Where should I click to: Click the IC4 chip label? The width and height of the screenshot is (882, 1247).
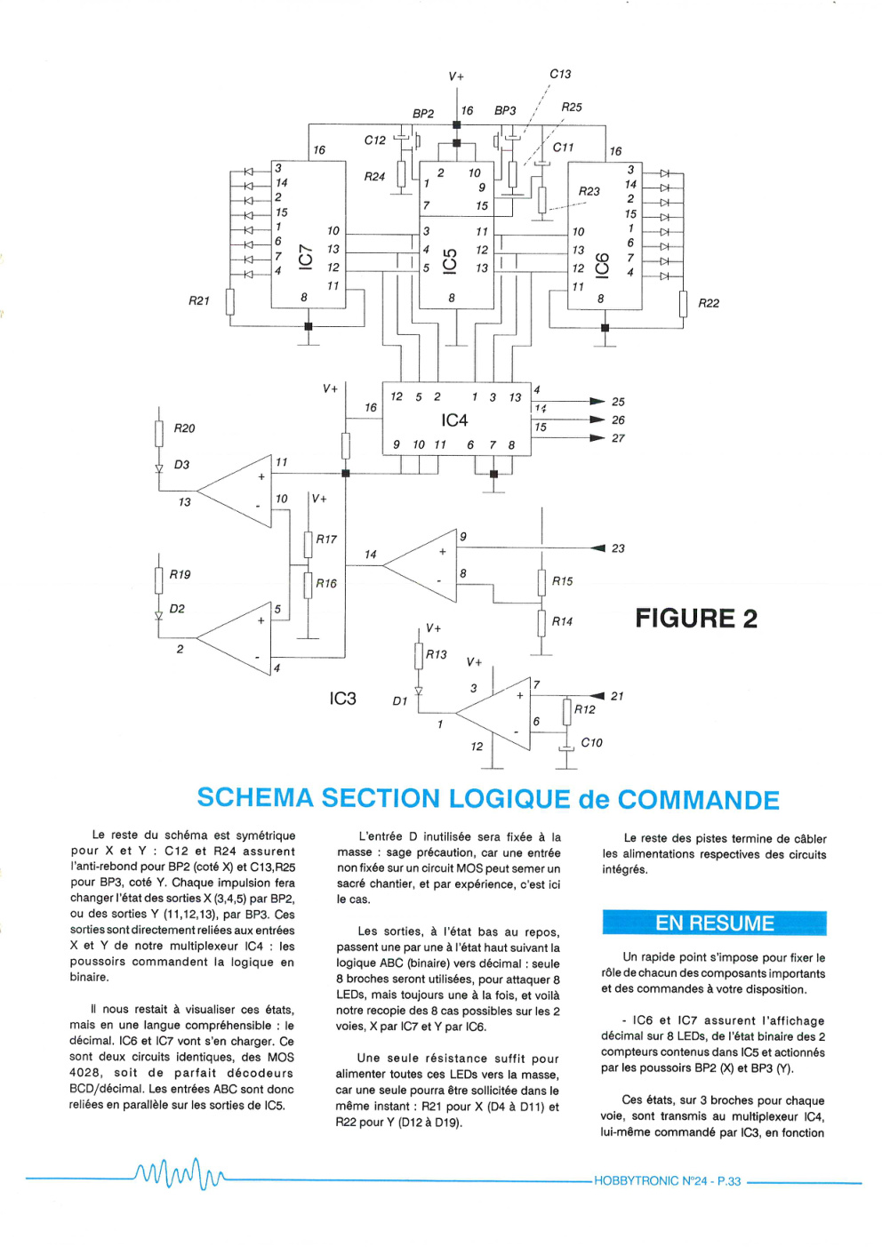coord(453,420)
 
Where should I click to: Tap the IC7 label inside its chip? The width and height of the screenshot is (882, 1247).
coord(307,258)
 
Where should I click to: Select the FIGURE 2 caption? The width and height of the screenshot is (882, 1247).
coord(696,618)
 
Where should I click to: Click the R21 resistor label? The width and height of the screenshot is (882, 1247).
coord(199,301)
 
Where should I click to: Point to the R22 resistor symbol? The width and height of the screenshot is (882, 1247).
coord(683,304)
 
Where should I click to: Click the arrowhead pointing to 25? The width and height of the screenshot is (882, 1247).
coord(597,401)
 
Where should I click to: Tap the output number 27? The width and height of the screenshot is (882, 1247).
coord(618,438)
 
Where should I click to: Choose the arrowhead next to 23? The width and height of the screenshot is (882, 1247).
coord(597,548)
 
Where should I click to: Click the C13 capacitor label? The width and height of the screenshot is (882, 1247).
coord(560,74)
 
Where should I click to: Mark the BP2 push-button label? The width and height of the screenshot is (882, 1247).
coord(423,114)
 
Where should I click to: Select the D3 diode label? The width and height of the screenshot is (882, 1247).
coord(182,464)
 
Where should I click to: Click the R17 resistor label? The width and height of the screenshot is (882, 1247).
coord(326,539)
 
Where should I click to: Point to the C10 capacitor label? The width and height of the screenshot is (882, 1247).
coord(591,743)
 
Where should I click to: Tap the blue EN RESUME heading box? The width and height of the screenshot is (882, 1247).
coord(714,923)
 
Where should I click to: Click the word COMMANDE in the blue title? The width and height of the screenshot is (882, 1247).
coord(698,799)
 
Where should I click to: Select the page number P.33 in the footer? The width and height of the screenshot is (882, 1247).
coord(729,1181)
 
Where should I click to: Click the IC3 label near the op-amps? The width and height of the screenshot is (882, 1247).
coord(342,698)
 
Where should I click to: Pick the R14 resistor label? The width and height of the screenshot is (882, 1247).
coord(562,621)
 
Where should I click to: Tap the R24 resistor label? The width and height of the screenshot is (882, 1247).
coord(374,177)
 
